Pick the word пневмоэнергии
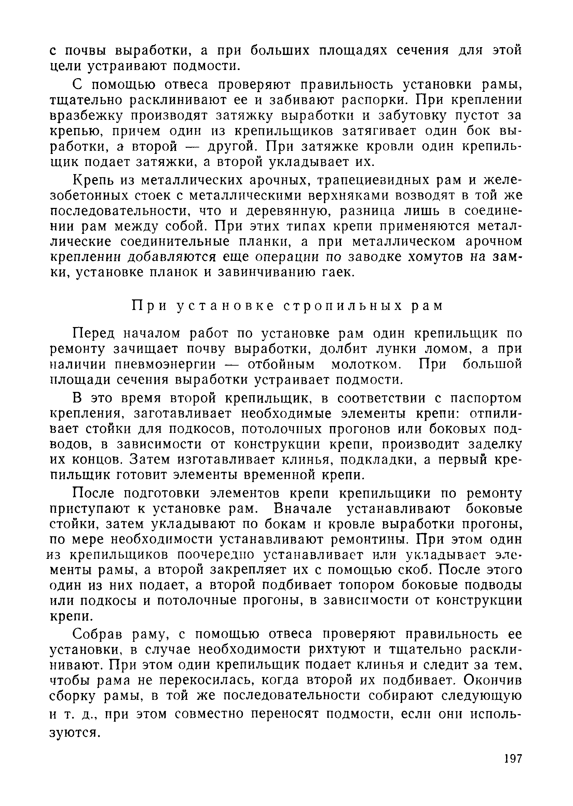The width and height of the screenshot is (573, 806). [165, 365]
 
